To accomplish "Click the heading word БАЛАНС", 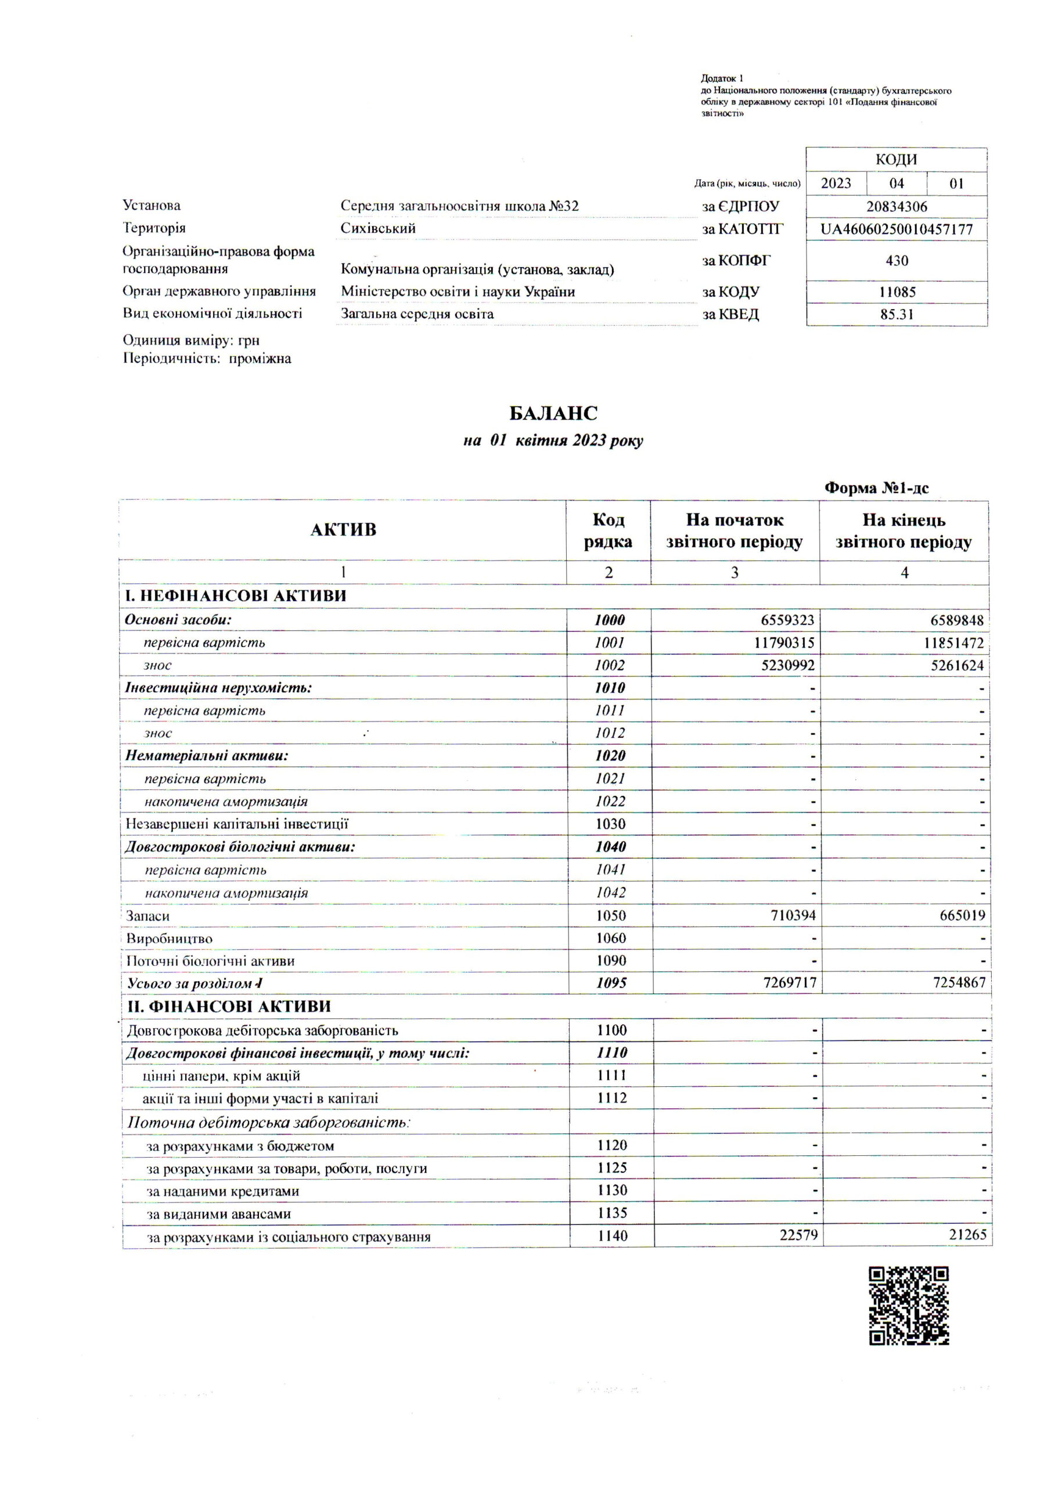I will tap(553, 413).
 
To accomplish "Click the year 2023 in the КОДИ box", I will tap(836, 184).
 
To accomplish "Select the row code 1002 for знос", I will tap(609, 665).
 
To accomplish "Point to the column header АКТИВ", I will tap(343, 530).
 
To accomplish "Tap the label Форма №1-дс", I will tap(876, 489).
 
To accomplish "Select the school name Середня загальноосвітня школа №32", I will tap(460, 207).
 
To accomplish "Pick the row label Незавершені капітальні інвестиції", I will tap(237, 824).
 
